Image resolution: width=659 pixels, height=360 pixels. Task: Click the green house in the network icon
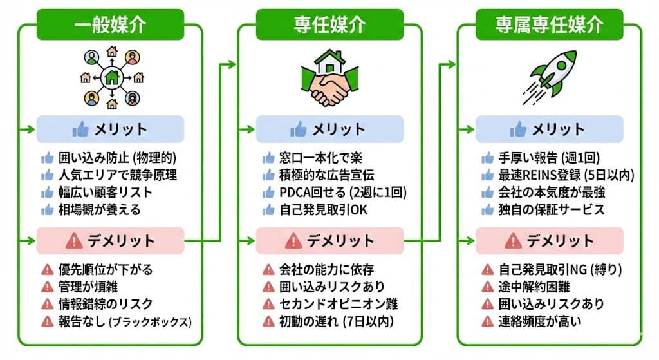coord(111,79)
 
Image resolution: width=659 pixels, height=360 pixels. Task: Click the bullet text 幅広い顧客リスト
coord(107,192)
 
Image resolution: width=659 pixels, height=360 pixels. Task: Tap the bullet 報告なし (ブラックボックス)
coord(119,321)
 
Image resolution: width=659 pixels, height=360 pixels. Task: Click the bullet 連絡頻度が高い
coord(540,321)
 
